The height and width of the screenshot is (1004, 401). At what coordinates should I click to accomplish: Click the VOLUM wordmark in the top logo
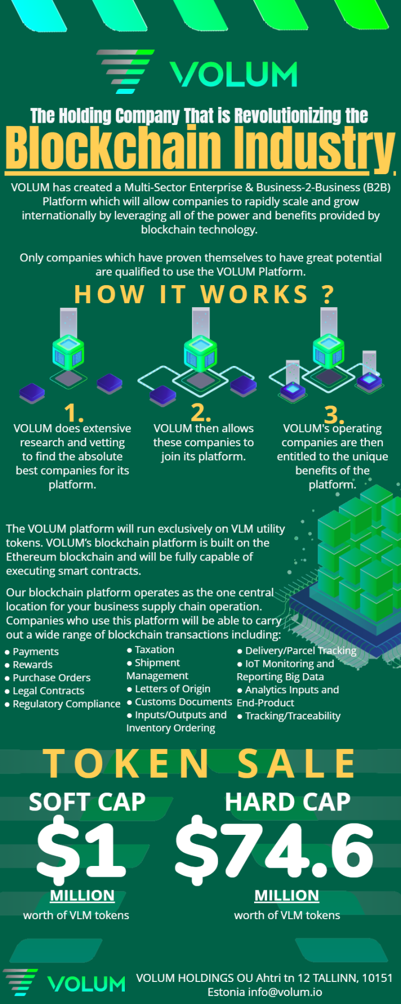coord(234,74)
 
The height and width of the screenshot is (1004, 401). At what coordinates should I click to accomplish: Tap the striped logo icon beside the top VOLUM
coord(125,71)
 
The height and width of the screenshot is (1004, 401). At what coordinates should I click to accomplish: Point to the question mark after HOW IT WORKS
coord(328,294)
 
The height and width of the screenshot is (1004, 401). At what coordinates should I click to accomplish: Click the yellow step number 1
coord(74,413)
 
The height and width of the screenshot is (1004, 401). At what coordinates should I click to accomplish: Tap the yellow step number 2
coord(201,413)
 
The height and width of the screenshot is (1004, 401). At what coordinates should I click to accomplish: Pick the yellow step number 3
coord(334,415)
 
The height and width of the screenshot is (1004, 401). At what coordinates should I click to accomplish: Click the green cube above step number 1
coord(68,352)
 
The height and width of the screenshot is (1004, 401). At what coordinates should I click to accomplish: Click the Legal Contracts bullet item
coord(45,691)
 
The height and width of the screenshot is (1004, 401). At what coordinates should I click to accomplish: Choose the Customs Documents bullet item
coord(180,702)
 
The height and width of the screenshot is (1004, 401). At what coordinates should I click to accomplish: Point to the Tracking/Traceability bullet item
coord(289,716)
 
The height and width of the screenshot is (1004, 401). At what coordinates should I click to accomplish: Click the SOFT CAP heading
coord(87,802)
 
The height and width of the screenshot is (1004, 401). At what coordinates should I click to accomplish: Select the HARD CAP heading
coord(287,802)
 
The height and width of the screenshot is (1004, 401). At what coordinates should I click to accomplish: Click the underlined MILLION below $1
coord(82,896)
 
